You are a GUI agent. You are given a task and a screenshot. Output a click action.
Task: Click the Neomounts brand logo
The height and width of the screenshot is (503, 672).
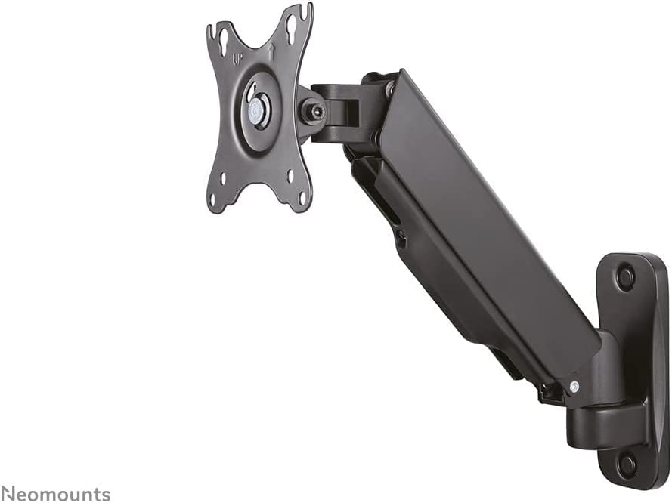(55, 494)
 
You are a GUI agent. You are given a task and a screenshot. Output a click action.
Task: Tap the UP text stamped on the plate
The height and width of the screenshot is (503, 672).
(237, 59)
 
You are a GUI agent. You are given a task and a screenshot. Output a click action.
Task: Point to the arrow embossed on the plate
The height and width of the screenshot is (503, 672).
(271, 52)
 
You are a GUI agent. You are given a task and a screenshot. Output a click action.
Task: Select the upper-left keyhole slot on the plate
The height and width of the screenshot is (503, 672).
(223, 42)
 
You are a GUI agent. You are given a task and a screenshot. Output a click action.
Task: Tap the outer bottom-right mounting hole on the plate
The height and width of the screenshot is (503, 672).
(302, 197)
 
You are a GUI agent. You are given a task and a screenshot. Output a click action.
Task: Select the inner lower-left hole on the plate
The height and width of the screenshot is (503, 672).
(223, 177)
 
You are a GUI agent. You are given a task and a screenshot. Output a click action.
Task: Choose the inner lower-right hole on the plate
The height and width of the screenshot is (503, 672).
(290, 175)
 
